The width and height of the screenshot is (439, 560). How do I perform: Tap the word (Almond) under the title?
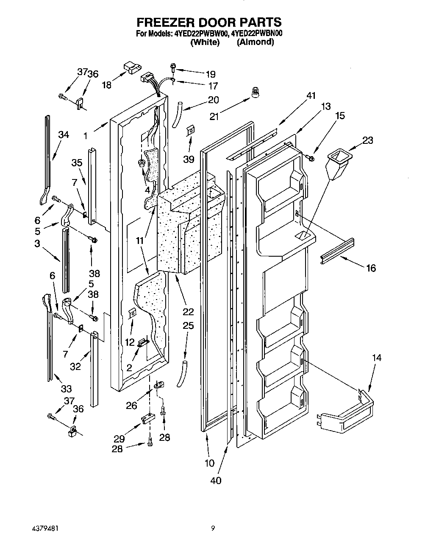(255, 42)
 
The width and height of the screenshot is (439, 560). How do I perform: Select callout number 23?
(368, 140)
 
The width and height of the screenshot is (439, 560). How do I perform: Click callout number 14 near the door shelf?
(376, 358)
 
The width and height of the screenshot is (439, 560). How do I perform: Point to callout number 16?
(371, 268)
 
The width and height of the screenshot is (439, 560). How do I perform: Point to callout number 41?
(311, 96)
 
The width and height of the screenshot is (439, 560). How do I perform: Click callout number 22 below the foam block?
(188, 312)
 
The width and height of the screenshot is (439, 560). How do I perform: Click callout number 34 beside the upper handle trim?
(64, 135)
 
